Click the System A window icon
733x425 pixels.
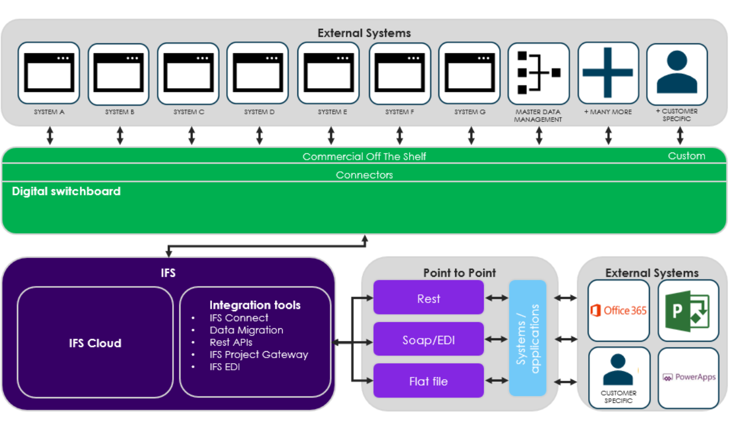click(49, 73)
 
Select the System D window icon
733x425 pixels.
click(257, 73)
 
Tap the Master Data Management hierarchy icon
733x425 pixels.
click(538, 73)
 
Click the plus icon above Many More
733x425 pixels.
click(608, 73)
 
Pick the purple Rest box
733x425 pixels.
click(429, 299)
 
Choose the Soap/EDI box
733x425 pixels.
click(429, 340)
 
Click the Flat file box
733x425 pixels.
click(429, 381)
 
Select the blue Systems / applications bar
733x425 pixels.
click(527, 338)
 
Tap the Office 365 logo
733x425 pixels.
click(618, 311)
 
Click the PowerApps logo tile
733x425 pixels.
click(688, 377)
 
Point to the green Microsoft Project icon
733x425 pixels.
click(688, 311)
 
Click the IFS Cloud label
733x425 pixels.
click(95, 344)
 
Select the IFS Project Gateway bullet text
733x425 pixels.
click(259, 354)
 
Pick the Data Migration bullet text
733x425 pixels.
click(247, 330)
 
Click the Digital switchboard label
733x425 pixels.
click(66, 191)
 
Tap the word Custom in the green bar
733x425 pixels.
click(686, 156)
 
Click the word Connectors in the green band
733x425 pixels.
click(364, 175)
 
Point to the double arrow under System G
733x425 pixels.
click(471, 136)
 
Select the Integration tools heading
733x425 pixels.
click(255, 305)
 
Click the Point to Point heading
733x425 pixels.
click(459, 272)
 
